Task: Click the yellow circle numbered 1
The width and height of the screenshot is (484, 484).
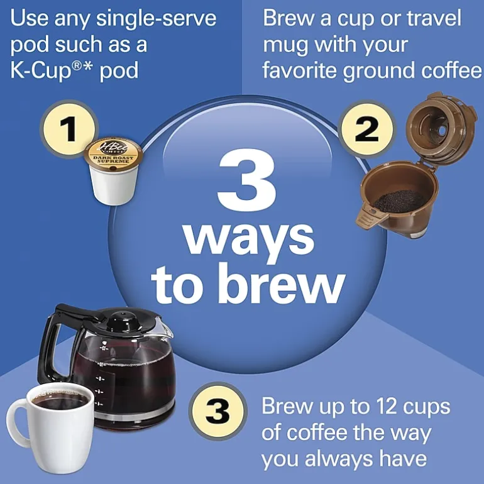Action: (x=69, y=129)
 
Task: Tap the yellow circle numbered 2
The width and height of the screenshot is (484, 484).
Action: (x=366, y=129)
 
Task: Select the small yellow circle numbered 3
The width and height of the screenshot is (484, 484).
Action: (x=217, y=411)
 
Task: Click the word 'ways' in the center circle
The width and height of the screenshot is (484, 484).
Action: (x=249, y=238)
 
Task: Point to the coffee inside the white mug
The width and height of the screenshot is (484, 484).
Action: (x=60, y=399)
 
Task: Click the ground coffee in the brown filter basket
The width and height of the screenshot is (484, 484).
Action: (x=399, y=200)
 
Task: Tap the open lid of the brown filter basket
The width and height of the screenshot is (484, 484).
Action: (x=441, y=127)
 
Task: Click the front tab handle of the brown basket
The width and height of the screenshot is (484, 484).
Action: (x=370, y=216)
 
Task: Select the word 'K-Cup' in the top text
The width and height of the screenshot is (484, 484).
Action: (x=41, y=70)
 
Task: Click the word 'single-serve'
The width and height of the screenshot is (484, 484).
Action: (x=156, y=18)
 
